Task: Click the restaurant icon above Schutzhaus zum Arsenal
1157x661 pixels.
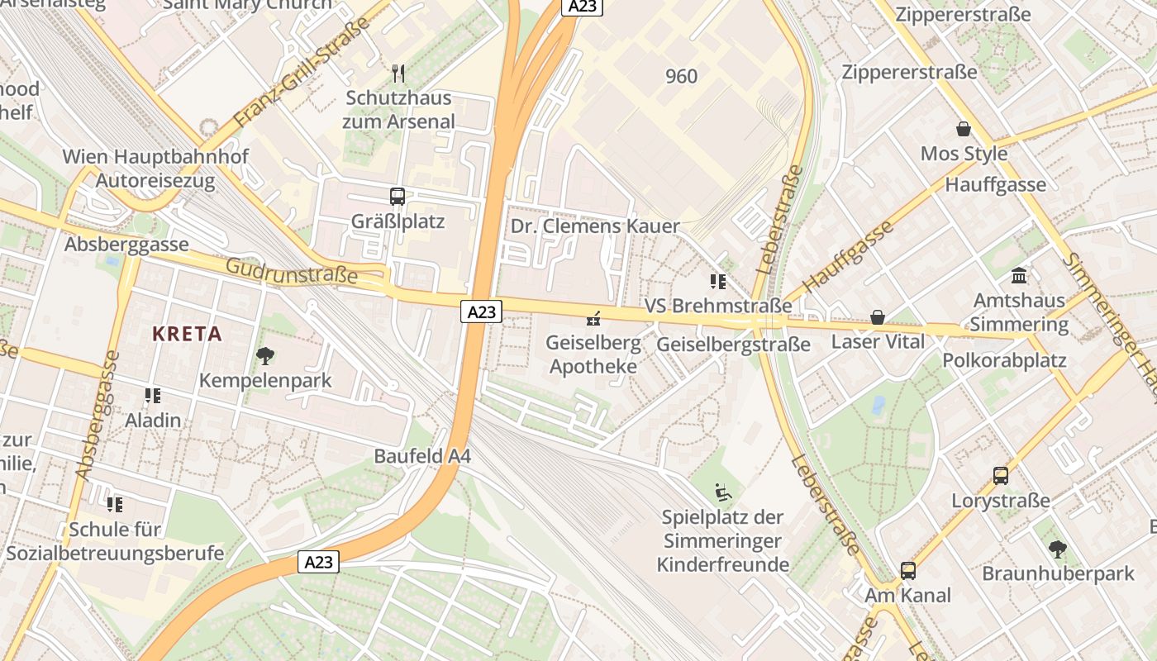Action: (x=398, y=74)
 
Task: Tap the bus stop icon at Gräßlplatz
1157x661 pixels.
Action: (x=398, y=197)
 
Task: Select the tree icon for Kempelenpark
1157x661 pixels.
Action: (x=265, y=356)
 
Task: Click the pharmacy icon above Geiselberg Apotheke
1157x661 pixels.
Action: (x=593, y=317)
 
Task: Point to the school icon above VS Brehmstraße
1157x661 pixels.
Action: (x=717, y=282)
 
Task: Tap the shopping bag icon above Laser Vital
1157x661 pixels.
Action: (x=877, y=317)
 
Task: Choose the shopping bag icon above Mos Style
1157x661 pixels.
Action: (x=964, y=129)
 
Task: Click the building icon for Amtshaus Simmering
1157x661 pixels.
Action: (x=1019, y=275)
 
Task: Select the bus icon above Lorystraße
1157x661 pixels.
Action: (x=1001, y=476)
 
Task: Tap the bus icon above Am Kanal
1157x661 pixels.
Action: (x=908, y=570)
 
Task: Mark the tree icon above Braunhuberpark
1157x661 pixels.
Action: (x=1057, y=549)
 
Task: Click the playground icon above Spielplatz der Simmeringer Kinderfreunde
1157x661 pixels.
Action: (x=723, y=493)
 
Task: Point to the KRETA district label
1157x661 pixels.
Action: (x=187, y=334)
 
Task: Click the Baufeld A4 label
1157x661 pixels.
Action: (x=422, y=456)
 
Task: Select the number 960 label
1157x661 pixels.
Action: (x=681, y=76)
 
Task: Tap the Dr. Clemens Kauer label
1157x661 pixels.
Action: (x=595, y=226)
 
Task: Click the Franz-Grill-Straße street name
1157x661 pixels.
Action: (x=301, y=76)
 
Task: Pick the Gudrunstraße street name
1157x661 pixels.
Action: (x=291, y=270)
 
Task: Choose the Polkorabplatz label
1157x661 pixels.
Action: (x=1004, y=360)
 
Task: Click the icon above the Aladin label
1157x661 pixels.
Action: (x=152, y=396)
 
